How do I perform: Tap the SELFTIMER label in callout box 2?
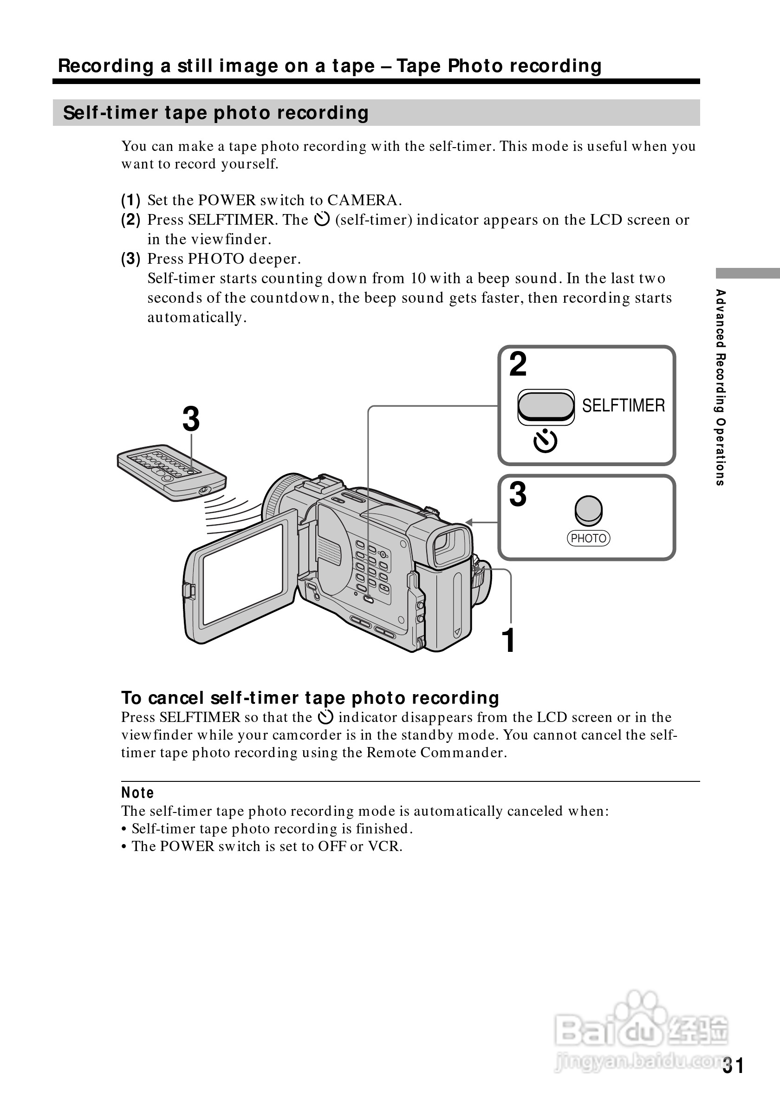[623, 405]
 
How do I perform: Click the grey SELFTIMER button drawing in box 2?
[546, 405]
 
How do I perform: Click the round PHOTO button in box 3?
[588, 510]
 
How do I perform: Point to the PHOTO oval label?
[588, 538]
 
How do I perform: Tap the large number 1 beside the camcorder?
[508, 640]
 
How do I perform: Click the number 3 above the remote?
[191, 419]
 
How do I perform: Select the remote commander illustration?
[171, 472]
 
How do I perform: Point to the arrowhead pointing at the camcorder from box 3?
[469, 522]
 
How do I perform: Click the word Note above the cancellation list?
[137, 792]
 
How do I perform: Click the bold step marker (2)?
[130, 220]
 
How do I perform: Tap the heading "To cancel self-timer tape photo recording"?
[310, 697]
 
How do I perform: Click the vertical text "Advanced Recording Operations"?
[720, 387]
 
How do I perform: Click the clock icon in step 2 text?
[321, 220]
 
